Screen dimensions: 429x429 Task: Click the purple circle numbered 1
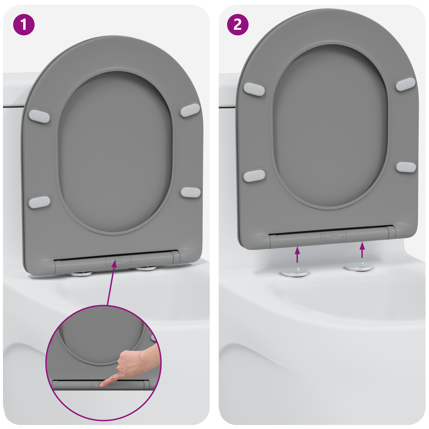coord(24,25)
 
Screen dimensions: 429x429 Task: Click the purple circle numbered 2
coord(238,25)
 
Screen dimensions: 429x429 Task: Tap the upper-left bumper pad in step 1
coord(39,116)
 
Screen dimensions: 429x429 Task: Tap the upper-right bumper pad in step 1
coord(190,110)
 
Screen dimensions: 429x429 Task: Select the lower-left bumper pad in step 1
coord(39,202)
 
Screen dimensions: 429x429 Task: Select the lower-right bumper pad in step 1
coord(190,192)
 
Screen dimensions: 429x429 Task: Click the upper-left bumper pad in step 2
coord(254,89)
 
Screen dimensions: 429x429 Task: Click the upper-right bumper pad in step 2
coord(406,84)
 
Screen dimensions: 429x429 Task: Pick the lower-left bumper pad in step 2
coord(254,176)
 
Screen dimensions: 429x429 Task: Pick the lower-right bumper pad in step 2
coord(406,167)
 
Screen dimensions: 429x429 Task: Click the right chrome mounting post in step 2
coord(359,267)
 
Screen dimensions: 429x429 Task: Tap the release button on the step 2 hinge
coord(334,236)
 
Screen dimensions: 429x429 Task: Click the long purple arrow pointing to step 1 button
coord(111,284)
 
